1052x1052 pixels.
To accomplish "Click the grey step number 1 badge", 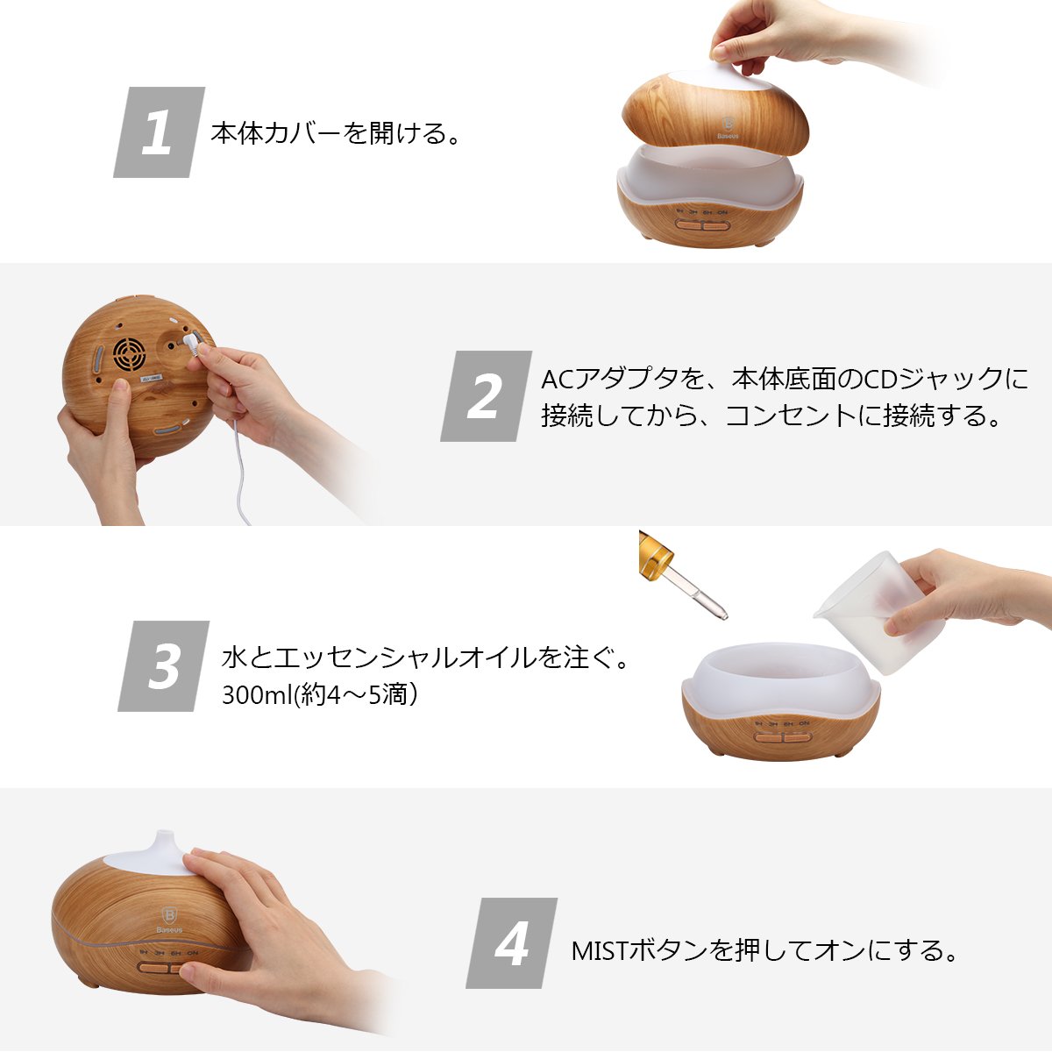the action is (x=159, y=132).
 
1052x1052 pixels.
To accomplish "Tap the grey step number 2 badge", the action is (x=486, y=395).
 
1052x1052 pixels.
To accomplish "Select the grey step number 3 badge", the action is (x=163, y=666).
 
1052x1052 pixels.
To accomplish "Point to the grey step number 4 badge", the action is (x=511, y=942).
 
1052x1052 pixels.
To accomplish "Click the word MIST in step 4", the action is (x=601, y=950).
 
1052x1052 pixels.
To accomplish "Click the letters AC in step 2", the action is (x=558, y=380).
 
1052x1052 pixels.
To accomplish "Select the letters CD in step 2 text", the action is (x=880, y=380).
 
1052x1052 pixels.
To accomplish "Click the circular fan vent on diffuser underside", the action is (x=130, y=354).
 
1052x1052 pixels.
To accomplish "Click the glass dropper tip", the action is (x=723, y=615).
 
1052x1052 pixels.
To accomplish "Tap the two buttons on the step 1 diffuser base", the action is (x=702, y=224).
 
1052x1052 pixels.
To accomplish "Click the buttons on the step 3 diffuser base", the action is (x=783, y=737).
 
